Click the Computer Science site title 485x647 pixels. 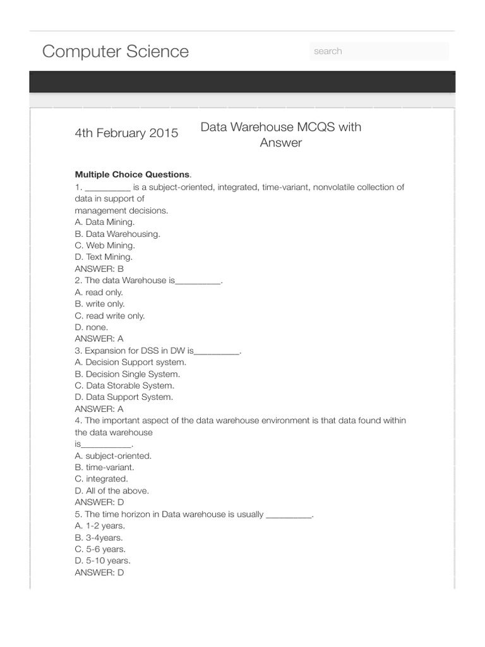click(115, 51)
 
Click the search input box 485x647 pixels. click(379, 51)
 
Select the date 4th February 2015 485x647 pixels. click(126, 133)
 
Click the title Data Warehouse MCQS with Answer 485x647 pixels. click(280, 135)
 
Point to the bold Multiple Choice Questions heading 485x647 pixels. click(132, 174)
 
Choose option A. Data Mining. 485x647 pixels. click(104, 222)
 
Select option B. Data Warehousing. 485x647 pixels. click(117, 234)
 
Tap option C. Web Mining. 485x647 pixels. click(104, 245)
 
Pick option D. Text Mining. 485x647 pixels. click(104, 257)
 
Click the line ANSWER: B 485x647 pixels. click(99, 269)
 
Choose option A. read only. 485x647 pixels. click(99, 292)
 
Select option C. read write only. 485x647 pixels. click(109, 315)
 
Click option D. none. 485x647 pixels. click(92, 327)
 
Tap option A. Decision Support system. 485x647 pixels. click(131, 362)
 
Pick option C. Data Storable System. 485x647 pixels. click(124, 385)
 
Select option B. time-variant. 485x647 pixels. click(104, 467)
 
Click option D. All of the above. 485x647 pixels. click(112, 490)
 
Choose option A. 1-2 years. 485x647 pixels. click(100, 526)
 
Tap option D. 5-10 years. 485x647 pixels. click(102, 560)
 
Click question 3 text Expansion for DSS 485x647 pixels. click(158, 351)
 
